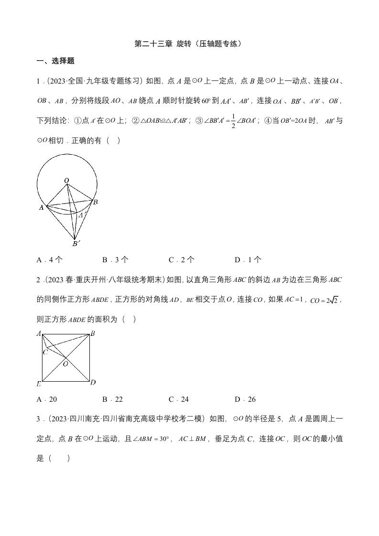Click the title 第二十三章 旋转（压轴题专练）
click(189, 44)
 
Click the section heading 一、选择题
click(55, 61)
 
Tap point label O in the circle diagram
click(66, 180)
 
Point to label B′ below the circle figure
click(76, 244)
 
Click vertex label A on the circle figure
click(41, 207)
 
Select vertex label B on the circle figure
click(96, 202)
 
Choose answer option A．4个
click(50, 260)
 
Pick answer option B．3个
click(115, 260)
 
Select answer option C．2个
click(182, 260)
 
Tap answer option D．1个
click(248, 260)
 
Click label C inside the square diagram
click(45, 352)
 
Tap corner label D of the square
click(93, 382)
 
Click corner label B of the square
click(93, 333)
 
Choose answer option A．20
click(47, 399)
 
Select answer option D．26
click(245, 399)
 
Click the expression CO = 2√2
click(325, 300)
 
